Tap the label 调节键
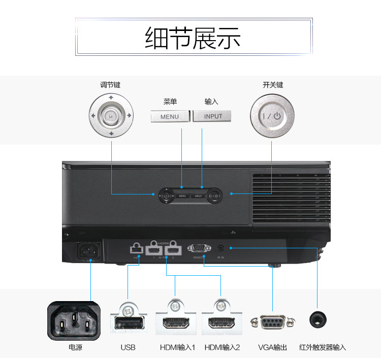coord(110,85)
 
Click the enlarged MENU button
coord(170,116)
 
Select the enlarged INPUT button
coord(213,116)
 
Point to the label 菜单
coord(170,102)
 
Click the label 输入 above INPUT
coord(211,102)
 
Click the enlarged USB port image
coord(128,321)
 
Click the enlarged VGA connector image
coord(272,321)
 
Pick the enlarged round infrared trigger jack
coord(318,319)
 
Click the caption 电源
coord(75,348)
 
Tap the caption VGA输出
coord(272,348)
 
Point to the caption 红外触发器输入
coord(323,348)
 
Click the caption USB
coord(128,348)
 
